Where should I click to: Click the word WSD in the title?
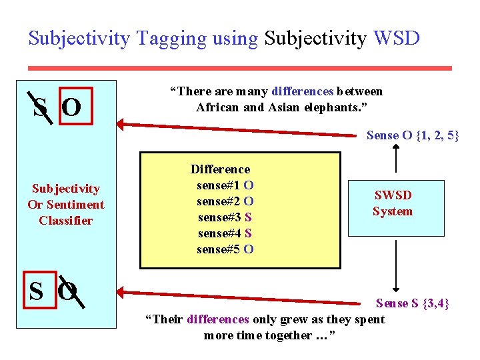397,38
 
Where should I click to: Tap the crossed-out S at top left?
39,107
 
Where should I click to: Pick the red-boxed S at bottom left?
37,291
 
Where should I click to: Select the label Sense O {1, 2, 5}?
413,135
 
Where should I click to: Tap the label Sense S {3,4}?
413,303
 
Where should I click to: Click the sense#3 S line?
225,217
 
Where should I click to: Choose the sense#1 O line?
225,185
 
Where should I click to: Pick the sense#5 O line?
225,250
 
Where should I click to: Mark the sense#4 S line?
225,233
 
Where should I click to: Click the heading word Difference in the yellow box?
220,169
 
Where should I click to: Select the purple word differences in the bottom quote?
218,319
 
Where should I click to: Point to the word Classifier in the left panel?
65,221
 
